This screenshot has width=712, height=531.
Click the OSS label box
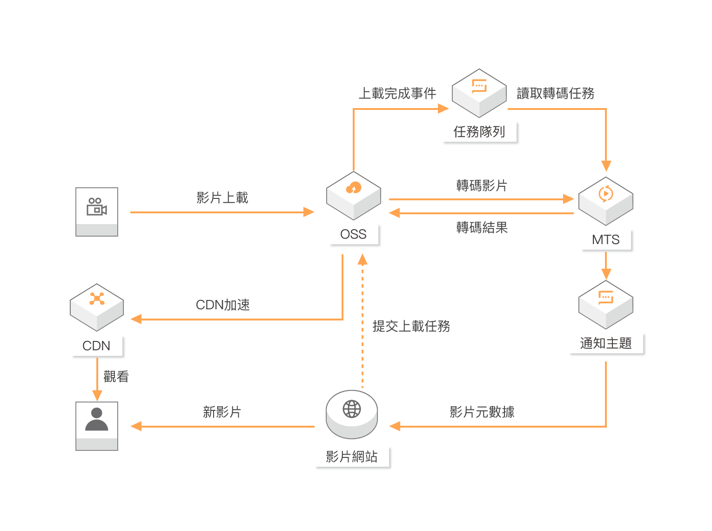pos(354,234)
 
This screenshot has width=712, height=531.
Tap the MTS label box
pos(606,240)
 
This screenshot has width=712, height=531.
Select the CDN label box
pos(97,346)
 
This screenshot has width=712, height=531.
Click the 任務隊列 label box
pos(479,132)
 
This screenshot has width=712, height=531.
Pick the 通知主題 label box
pos(606,344)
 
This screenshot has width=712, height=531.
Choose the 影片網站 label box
pos(352,457)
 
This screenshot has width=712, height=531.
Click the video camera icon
pos(97,206)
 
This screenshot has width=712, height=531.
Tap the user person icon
pos(97,420)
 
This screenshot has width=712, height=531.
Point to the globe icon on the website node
pos(352,409)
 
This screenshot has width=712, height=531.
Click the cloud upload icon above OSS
pos(354,188)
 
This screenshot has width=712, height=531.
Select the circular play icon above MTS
pos(606,194)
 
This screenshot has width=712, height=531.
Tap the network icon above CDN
pos(97,299)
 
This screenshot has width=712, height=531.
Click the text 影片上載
pos(222,198)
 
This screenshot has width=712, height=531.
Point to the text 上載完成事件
pos(397,94)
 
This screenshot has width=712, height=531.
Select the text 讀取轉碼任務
pos(556,94)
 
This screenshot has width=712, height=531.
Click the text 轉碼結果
pos(482,228)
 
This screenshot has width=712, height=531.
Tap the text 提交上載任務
pos(411,327)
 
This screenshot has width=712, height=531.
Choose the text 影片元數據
pos(482,412)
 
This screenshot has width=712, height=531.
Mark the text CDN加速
pos(223,305)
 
